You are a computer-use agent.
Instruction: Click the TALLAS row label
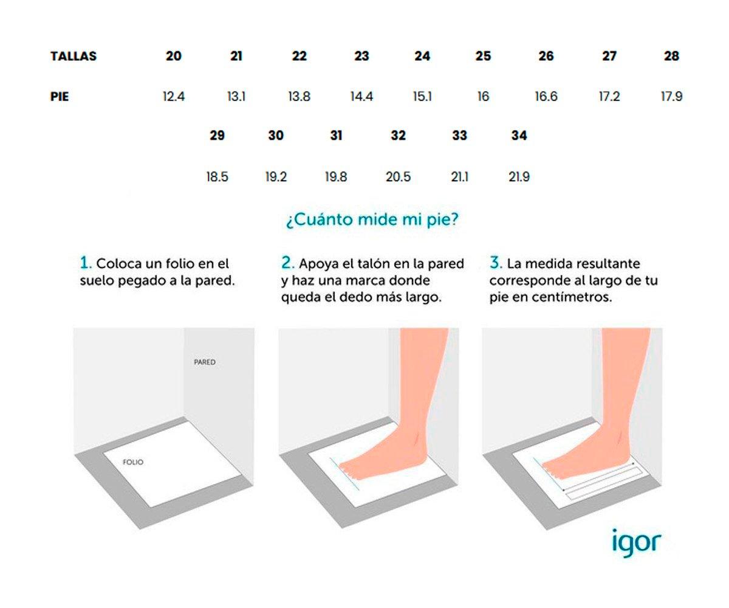tap(74, 57)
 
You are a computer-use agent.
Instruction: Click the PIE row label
tap(60, 97)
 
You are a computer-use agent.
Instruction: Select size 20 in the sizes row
tap(174, 56)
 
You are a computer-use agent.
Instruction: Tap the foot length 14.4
tap(361, 96)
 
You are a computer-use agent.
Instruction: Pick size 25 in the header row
tap(483, 56)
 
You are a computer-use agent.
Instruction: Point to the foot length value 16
tap(483, 96)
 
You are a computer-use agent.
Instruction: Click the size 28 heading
tap(672, 56)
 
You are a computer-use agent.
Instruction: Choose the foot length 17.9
tap(672, 96)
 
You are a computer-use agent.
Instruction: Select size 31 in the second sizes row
tap(336, 136)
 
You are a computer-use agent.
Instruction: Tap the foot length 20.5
tap(398, 177)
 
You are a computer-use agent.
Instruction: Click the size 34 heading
tap(519, 136)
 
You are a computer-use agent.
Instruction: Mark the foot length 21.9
tap(519, 177)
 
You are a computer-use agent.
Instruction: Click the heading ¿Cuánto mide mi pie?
tap(372, 220)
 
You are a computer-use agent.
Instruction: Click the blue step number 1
tap(86, 263)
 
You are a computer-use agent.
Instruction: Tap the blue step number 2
tap(288, 263)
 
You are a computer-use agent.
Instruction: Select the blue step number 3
tap(496, 263)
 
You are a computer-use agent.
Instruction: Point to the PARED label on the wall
tap(205, 362)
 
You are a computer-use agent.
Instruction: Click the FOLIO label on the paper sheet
tap(133, 462)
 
